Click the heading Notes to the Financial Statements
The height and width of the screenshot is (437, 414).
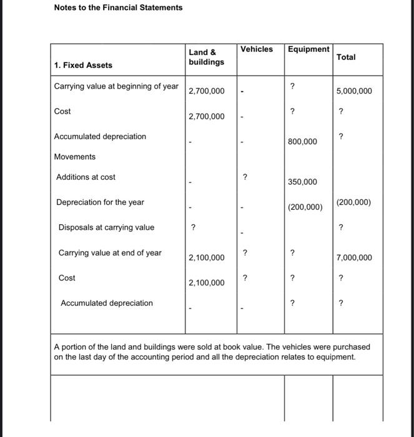point(118,7)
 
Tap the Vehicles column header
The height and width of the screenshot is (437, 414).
point(257,49)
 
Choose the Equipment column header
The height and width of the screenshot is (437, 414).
point(308,49)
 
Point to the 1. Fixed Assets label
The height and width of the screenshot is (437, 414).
point(83,65)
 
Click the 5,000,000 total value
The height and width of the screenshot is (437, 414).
point(354,91)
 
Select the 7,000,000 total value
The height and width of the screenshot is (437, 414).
point(354,258)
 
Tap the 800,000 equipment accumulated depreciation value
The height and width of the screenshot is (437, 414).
point(302,142)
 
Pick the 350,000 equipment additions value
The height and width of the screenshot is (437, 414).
point(302,182)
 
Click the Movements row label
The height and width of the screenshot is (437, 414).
point(75,157)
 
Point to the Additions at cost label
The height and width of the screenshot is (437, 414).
point(86,177)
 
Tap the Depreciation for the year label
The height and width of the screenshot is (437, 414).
point(100,202)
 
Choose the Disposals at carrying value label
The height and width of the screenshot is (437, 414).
point(106,227)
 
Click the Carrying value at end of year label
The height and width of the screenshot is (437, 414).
point(110,253)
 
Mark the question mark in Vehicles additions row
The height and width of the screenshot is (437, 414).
point(245,177)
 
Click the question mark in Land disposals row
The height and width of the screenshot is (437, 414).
point(194,228)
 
